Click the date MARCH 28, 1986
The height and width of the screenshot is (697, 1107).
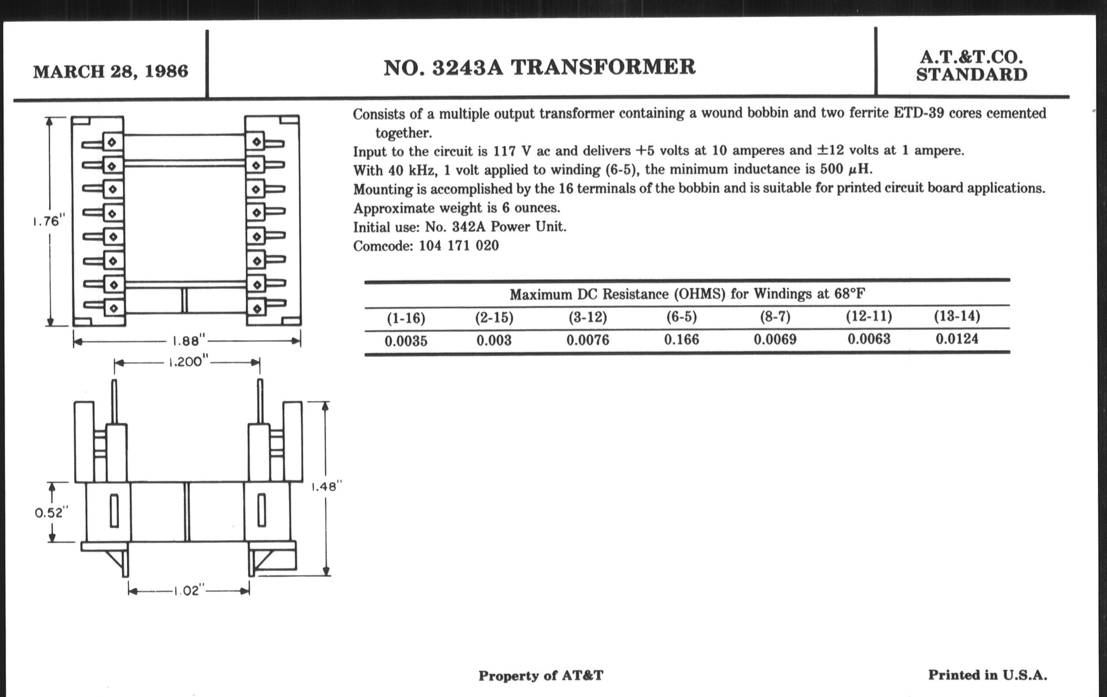click(x=110, y=72)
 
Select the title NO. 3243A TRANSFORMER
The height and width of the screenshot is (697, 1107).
click(x=539, y=67)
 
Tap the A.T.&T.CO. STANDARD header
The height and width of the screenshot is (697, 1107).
click(x=971, y=66)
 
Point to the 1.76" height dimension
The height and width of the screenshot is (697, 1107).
click(x=49, y=221)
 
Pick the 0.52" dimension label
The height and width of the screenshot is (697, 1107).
click(x=51, y=512)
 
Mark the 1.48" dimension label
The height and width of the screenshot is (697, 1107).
click(x=327, y=487)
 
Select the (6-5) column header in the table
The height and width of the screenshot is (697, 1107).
click(x=681, y=317)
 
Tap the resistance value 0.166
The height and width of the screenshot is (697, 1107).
click(x=681, y=339)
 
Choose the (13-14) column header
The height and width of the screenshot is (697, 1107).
click(x=957, y=316)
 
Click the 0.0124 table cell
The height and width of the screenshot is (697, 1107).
click(x=957, y=338)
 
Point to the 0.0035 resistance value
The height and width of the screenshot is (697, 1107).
click(x=406, y=341)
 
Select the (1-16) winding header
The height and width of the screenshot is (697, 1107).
click(x=406, y=318)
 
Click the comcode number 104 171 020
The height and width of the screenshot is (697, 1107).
click(x=458, y=246)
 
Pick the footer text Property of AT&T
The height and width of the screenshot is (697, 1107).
click(x=541, y=676)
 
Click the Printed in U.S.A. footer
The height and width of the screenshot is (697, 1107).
click(x=987, y=675)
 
